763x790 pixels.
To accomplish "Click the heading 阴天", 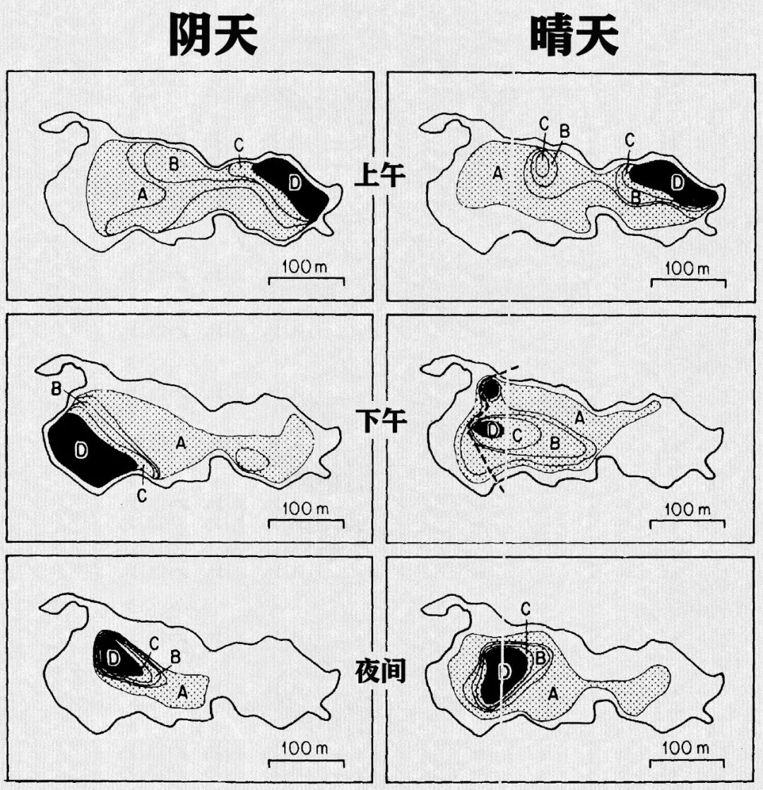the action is tap(213, 35).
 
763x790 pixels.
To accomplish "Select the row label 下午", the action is tap(380, 421).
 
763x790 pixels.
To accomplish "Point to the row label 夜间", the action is tap(380, 671).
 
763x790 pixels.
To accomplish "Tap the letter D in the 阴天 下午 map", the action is tap(81, 450).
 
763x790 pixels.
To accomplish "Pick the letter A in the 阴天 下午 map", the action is tap(181, 443).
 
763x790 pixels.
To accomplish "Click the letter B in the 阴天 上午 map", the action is tap(174, 164).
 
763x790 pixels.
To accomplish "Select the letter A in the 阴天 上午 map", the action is tap(143, 194).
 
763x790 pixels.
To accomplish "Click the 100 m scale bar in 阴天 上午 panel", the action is tap(306, 281).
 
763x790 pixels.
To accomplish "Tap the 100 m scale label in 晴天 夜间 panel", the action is tap(687, 748).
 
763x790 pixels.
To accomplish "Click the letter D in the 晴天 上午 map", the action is tap(677, 182).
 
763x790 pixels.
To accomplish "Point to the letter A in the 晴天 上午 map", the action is tap(497, 174).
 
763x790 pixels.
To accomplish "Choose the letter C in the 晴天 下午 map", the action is tap(516, 436).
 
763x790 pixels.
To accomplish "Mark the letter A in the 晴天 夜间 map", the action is tap(552, 695).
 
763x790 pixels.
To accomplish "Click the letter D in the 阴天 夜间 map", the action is tap(114, 657).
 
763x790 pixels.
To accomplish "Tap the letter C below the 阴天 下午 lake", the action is tap(142, 496).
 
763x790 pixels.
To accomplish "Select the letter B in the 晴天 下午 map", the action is tap(554, 443).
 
